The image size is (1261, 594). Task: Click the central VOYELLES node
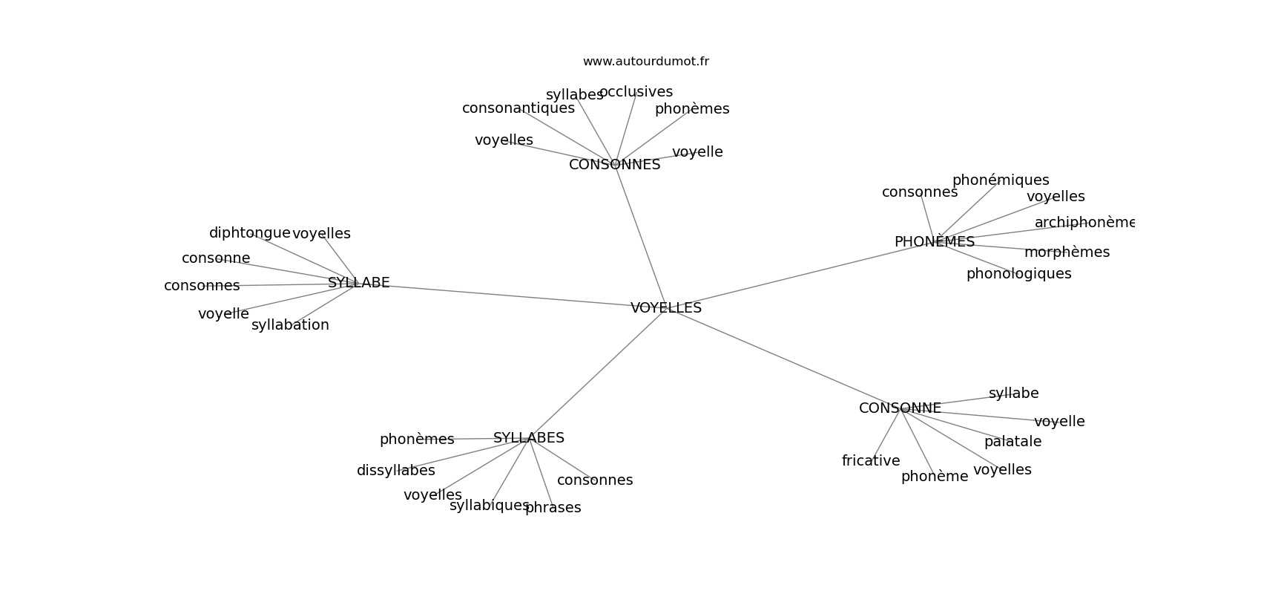pos(666,308)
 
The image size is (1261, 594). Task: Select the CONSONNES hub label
pos(615,165)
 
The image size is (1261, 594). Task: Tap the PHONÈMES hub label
pos(935,241)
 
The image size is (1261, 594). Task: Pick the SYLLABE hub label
pos(358,282)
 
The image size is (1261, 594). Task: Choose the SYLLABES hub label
pos(529,438)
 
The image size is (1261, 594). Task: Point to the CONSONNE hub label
pos(901,408)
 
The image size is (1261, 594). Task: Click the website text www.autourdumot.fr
pos(645,62)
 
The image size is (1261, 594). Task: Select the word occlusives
pos(636,91)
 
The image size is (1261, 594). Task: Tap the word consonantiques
pos(518,108)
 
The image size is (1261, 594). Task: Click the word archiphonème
pos(1084,223)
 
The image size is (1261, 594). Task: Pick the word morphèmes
pos(1067,252)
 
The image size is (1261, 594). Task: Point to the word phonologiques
pos(1019,274)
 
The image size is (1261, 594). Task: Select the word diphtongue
pos(249,232)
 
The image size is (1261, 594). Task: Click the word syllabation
pos(291,325)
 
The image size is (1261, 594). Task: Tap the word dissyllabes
pos(396,471)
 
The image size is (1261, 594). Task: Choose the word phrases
pos(553,508)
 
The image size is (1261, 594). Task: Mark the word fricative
pos(871,461)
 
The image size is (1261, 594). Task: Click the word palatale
pos(1013,442)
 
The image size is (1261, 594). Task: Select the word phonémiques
pos(1001,180)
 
